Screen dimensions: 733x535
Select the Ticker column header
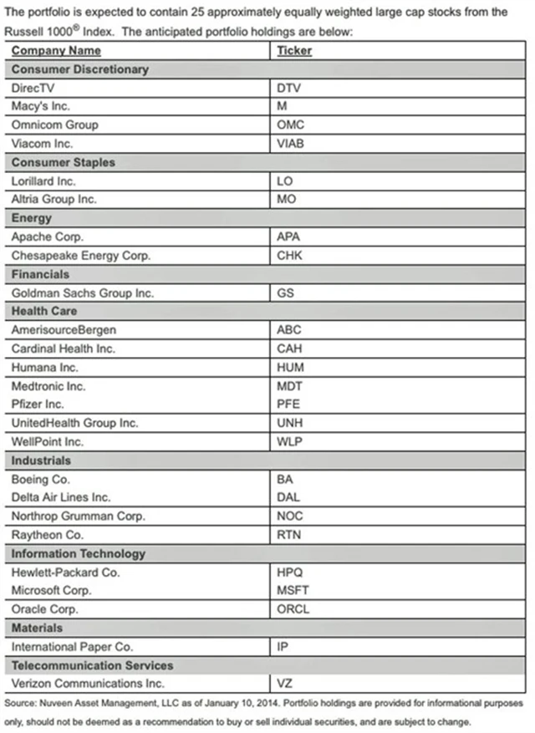294,51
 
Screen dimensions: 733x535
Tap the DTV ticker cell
288,88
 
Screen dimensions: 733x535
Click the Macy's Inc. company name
41,106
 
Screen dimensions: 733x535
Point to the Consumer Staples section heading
64,162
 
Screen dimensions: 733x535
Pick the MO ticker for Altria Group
286,199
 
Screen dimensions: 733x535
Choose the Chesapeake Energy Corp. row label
80,255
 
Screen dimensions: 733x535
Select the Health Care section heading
44,311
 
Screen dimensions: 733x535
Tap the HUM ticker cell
290,367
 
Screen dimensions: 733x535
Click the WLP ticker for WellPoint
289,441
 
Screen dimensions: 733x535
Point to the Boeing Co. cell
41,479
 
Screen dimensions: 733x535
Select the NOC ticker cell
289,516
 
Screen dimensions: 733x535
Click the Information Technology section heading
79,553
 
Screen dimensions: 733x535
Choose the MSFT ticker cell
293,590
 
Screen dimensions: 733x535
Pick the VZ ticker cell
284,684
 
